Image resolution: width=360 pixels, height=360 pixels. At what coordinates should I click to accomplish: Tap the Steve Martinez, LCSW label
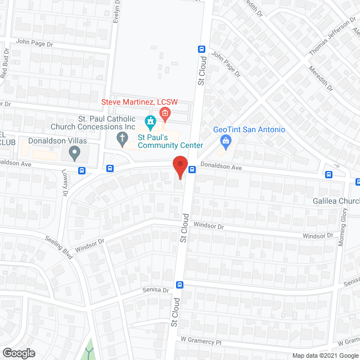[139, 102]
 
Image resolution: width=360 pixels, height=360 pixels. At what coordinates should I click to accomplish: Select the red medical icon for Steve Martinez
[165, 115]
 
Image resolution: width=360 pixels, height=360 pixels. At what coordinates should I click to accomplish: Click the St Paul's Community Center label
[171, 141]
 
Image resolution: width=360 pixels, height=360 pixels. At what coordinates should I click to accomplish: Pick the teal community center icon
[150, 121]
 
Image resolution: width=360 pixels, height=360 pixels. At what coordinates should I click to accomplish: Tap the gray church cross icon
[121, 137]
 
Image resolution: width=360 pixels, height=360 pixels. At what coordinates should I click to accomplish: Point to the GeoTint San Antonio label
[249, 129]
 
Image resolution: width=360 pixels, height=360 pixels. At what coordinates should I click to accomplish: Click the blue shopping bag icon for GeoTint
[226, 141]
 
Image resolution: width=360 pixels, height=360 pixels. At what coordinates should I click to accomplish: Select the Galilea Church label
[336, 201]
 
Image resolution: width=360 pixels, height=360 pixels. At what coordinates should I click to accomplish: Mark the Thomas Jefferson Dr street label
[329, 39]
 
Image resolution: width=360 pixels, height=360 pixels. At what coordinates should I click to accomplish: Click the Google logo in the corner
[18, 353]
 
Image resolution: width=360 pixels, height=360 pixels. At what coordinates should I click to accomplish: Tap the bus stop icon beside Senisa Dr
[179, 285]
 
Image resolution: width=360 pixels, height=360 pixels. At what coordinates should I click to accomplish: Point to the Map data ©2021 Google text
[325, 355]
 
